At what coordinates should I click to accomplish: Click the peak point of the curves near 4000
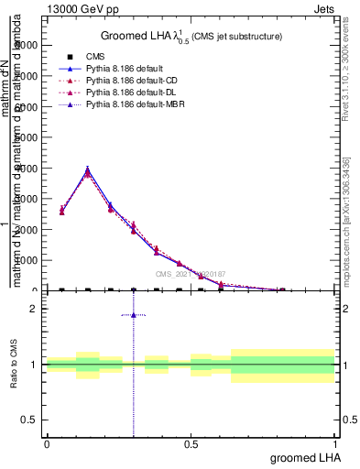[87, 169]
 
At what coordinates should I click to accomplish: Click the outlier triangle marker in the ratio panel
[134, 315]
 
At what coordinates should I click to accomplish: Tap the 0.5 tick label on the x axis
[191, 443]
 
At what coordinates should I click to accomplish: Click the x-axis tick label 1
[335, 443]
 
